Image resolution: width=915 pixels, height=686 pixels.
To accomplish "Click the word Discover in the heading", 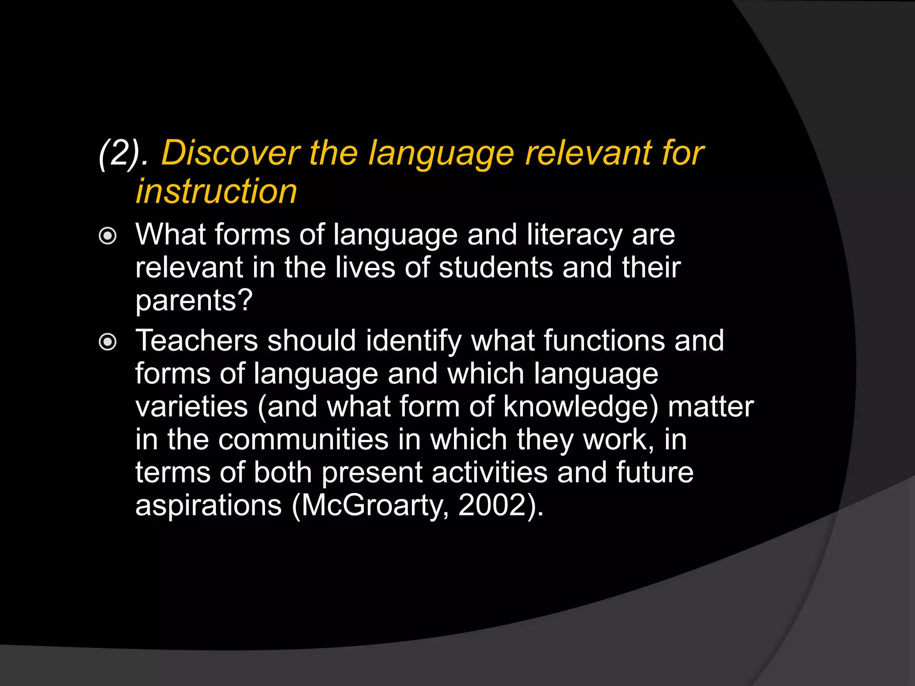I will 230,153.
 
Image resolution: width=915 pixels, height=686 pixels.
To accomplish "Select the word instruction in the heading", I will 216,191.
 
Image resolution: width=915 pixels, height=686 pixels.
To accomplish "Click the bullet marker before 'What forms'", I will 108,235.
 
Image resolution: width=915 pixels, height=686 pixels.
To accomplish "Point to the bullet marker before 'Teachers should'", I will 108,342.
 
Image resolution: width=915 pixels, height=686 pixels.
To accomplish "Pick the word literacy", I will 574,235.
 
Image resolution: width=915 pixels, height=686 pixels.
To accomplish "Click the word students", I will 495,268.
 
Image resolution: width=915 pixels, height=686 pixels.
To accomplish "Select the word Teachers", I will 197,340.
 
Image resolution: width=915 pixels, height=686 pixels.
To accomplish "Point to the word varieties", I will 191,406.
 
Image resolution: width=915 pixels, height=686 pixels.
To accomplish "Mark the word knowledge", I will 575,406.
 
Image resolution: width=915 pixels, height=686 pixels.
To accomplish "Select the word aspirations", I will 208,506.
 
